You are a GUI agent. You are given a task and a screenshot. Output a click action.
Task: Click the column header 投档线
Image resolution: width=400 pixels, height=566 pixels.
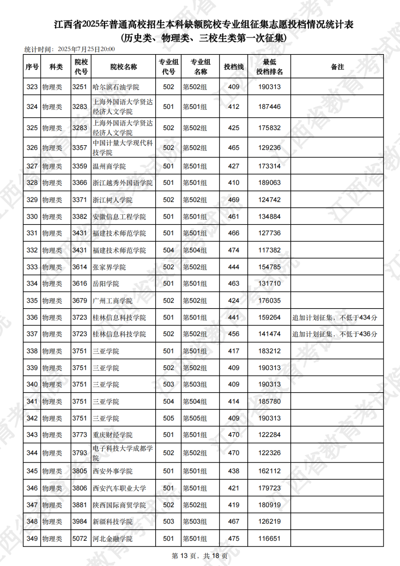234,67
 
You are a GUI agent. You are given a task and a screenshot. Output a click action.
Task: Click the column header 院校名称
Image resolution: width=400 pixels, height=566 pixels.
124,67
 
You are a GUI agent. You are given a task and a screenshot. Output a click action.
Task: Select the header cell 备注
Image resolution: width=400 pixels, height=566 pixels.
337,67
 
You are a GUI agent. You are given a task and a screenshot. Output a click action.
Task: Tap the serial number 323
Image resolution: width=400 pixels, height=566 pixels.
32,87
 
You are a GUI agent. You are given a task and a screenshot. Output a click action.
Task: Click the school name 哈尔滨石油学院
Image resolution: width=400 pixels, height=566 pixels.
116,87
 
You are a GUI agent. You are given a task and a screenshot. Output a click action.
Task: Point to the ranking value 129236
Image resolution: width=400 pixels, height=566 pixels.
269,148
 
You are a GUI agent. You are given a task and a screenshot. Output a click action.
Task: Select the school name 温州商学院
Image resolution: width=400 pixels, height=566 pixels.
109,166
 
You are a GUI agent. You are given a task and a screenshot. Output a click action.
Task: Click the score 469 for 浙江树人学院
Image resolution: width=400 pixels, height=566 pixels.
234,200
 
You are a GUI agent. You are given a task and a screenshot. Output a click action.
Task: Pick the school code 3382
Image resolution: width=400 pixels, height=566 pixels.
80,217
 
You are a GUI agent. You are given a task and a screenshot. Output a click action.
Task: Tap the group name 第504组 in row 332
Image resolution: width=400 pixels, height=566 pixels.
195,250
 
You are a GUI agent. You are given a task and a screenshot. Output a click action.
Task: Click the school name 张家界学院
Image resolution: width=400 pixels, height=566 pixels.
109,267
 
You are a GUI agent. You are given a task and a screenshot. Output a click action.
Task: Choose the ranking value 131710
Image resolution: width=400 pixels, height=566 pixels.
269,284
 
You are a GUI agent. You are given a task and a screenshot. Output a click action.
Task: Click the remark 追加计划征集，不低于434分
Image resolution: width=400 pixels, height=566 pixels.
335,317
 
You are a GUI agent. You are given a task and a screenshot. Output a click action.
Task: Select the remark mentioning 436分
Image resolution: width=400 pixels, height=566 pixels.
335,334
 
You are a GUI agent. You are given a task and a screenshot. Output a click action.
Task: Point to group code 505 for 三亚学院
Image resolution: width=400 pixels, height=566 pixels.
169,418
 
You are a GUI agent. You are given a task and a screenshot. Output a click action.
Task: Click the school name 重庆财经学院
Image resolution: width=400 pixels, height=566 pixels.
113,435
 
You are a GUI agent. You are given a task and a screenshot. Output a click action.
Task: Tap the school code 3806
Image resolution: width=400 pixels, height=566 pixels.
80,488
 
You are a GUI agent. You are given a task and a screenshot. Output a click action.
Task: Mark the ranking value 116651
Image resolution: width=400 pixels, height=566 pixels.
269,539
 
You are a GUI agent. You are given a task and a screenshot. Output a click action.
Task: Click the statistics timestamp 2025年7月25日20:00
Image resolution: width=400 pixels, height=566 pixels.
86,49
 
